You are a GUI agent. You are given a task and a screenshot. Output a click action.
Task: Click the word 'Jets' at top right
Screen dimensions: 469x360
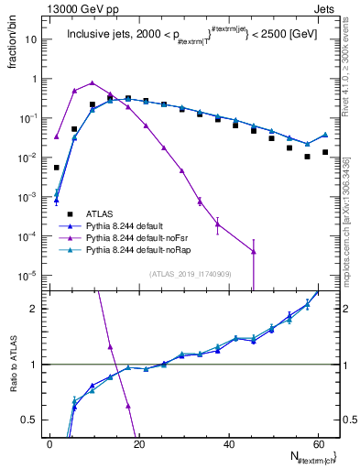pos(326,8)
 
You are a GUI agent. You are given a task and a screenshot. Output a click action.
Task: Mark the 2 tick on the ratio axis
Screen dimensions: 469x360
pos(38,309)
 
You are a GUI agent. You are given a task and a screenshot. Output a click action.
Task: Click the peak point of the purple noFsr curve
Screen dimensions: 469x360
pos(93,82)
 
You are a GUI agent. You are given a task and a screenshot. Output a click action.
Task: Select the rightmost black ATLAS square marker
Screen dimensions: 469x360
pos(325,152)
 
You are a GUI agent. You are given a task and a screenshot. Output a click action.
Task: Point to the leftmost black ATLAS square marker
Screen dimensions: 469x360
pos(57,168)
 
